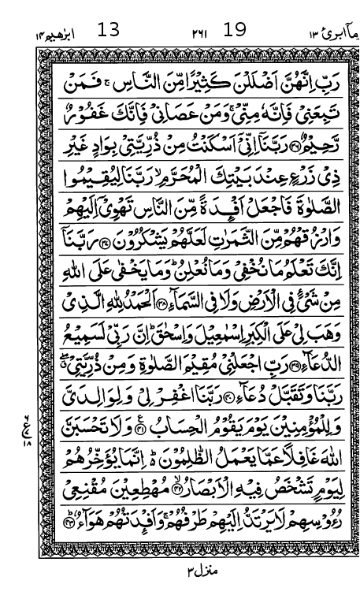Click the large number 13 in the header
click(x=108, y=30)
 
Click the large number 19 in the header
click(x=234, y=30)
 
